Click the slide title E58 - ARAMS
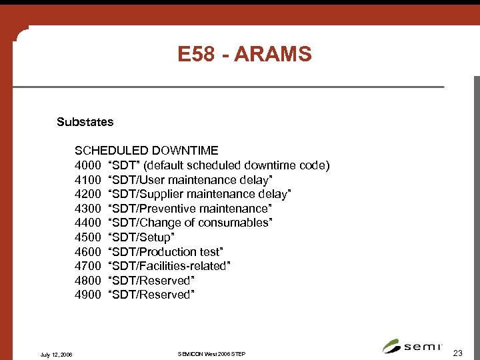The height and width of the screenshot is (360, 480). pos(244,54)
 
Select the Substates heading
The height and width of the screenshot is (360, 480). pos(85,122)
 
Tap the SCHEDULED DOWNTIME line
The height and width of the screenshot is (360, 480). pos(146,151)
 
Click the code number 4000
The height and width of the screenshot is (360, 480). pos(87,165)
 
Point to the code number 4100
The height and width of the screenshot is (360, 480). pos(87,180)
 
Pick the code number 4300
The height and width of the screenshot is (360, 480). pos(87,209)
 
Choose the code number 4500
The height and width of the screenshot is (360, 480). pos(87,237)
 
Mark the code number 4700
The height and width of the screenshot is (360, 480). pos(87,266)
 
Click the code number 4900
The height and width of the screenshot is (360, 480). pos(87,295)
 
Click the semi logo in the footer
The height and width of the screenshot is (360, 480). pos(413,345)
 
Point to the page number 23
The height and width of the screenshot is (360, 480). pos(457,352)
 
